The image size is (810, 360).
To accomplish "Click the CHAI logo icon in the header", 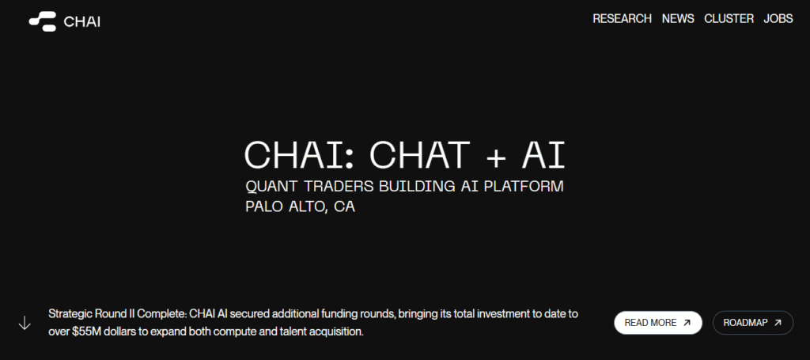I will tap(43, 21).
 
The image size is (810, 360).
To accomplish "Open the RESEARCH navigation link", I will tap(622, 19).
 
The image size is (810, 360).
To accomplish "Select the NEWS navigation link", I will tap(678, 19).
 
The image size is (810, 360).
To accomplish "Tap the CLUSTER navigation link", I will tap(729, 19).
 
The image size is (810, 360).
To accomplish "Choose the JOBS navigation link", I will tap(778, 19).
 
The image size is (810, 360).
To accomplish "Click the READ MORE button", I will tap(657, 323).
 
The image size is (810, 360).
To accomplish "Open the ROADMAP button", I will tap(752, 323).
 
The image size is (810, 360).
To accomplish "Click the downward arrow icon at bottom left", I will tap(25, 323).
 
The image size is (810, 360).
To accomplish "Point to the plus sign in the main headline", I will tap(495, 156).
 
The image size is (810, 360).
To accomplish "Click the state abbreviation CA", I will tap(344, 208).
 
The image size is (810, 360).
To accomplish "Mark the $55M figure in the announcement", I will tap(88, 332).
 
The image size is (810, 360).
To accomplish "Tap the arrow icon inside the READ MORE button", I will tap(687, 323).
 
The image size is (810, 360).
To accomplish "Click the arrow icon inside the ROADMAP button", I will tap(778, 323).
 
